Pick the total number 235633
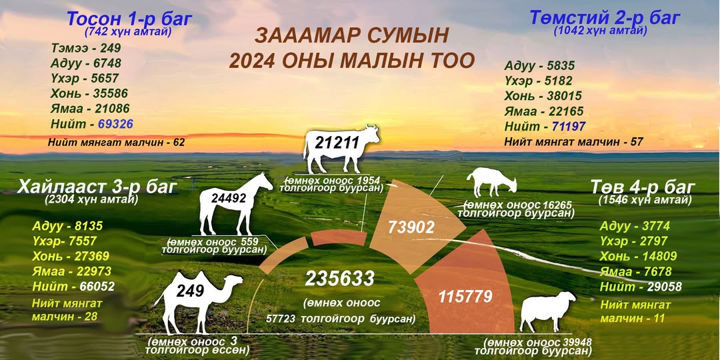click(340, 279)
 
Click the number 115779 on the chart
click(465, 296)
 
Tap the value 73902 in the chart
click(411, 227)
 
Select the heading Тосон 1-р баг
click(129, 19)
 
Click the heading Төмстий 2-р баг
click(605, 17)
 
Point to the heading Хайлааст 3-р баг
click(97, 187)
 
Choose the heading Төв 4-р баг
click(643, 187)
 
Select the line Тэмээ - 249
click(86, 48)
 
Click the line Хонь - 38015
click(543, 96)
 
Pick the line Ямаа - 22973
click(71, 271)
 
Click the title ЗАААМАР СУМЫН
click(351, 36)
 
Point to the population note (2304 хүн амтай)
click(92, 200)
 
